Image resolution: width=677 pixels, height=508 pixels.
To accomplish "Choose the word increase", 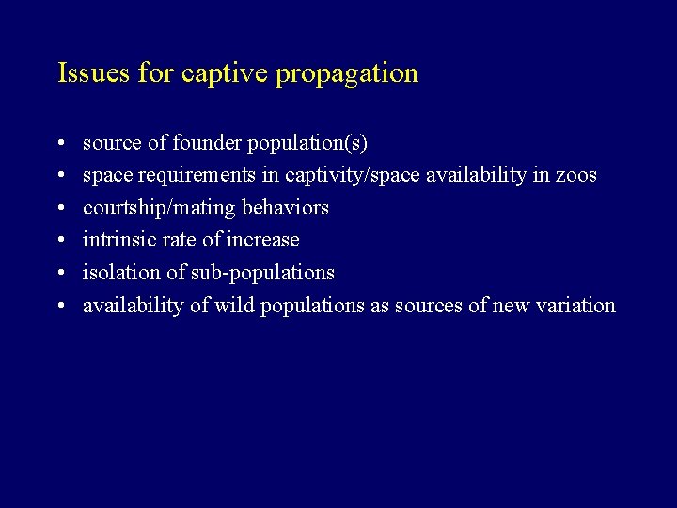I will click(x=263, y=240).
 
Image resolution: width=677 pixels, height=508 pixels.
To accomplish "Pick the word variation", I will click(x=574, y=305).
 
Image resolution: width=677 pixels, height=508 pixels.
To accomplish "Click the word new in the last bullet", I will click(x=509, y=306).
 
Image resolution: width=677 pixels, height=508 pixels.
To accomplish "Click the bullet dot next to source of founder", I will click(x=60, y=144).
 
